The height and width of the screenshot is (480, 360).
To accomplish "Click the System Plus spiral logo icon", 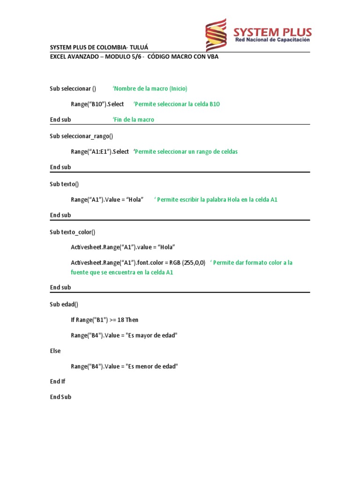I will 216,35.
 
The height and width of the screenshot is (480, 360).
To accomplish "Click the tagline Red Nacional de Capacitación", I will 273,40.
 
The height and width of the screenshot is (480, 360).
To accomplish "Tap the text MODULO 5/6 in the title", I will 120,57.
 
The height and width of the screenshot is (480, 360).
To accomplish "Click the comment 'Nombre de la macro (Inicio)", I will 150,89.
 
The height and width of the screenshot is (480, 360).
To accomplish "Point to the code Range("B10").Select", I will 97,104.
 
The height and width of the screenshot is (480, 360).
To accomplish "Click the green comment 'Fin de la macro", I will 133,120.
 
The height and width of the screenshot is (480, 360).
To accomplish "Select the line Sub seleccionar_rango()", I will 82,136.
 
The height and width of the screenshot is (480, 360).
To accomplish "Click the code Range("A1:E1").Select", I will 100,151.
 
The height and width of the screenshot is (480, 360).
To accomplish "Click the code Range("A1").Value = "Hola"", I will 107,200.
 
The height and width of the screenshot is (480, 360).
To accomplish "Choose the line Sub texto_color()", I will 73,232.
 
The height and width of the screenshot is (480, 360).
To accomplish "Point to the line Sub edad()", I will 64,304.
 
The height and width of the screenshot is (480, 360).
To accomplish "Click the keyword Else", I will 55,351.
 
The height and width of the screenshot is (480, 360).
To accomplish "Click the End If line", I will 58,382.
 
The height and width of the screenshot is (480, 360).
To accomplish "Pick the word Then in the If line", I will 132,320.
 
